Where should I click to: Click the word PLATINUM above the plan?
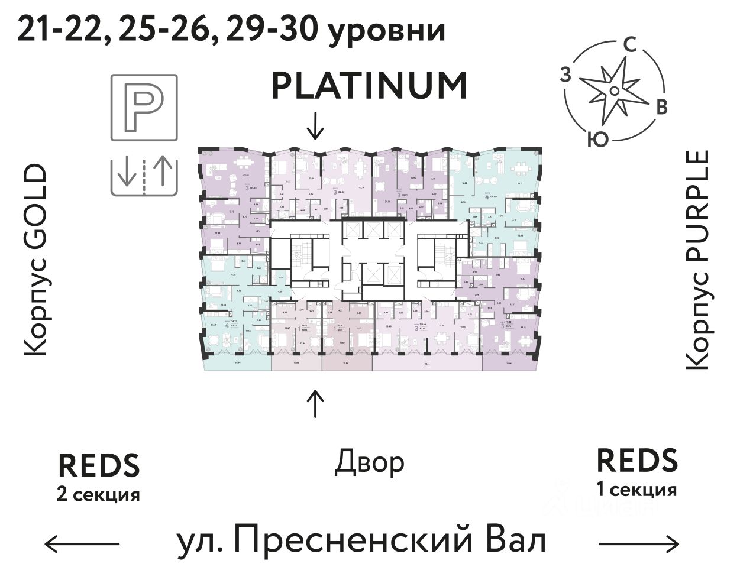(370, 86)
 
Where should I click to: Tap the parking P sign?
(144, 108)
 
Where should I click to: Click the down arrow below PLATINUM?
(316, 125)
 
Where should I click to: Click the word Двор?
(370, 462)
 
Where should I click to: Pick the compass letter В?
(663, 107)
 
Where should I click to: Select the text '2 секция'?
(99, 494)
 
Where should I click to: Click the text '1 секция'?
(636, 490)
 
